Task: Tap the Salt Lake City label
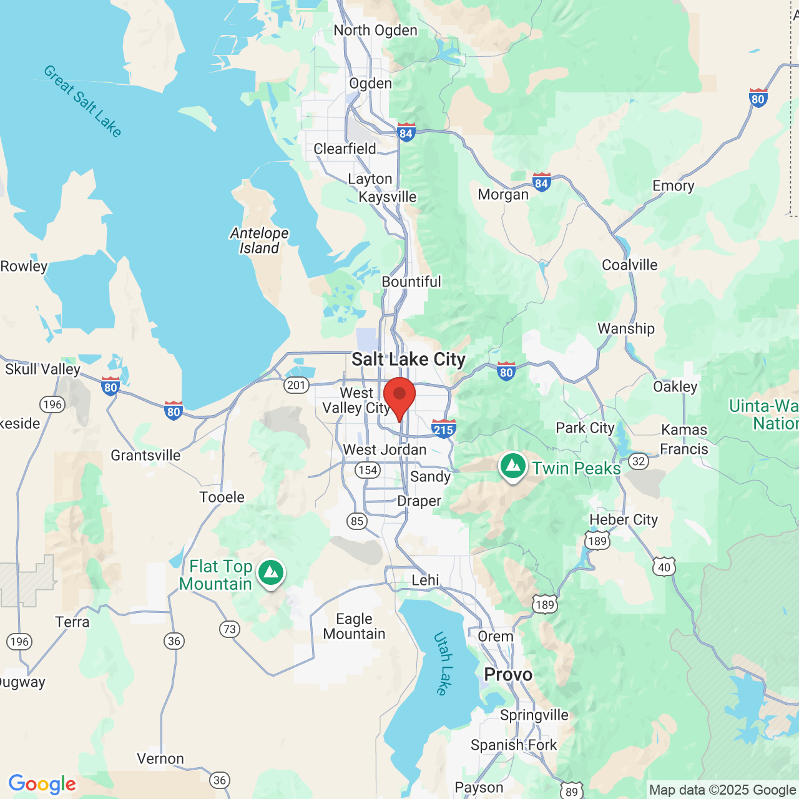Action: click(408, 360)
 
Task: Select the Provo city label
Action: click(508, 675)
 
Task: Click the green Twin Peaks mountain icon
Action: click(513, 466)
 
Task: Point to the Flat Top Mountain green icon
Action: click(271, 572)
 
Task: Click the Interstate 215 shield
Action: click(443, 429)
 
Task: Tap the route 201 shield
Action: click(296, 385)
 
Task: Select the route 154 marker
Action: click(368, 470)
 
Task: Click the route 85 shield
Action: click(356, 521)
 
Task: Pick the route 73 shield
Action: click(230, 629)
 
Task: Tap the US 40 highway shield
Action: click(664, 567)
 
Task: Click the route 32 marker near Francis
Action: click(638, 461)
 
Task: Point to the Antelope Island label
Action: click(260, 240)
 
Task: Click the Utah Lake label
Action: click(443, 664)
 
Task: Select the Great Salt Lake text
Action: click(83, 100)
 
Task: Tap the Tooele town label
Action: click(222, 498)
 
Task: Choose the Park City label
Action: click(585, 428)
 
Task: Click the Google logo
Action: click(42, 784)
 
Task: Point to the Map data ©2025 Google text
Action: click(722, 790)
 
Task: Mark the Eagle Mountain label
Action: click(354, 626)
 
